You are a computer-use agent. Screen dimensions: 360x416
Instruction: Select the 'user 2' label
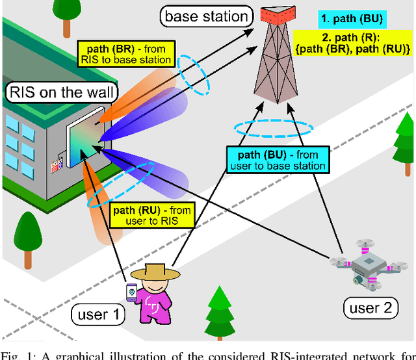370,307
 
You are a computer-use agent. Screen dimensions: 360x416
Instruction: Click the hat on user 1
159,270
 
